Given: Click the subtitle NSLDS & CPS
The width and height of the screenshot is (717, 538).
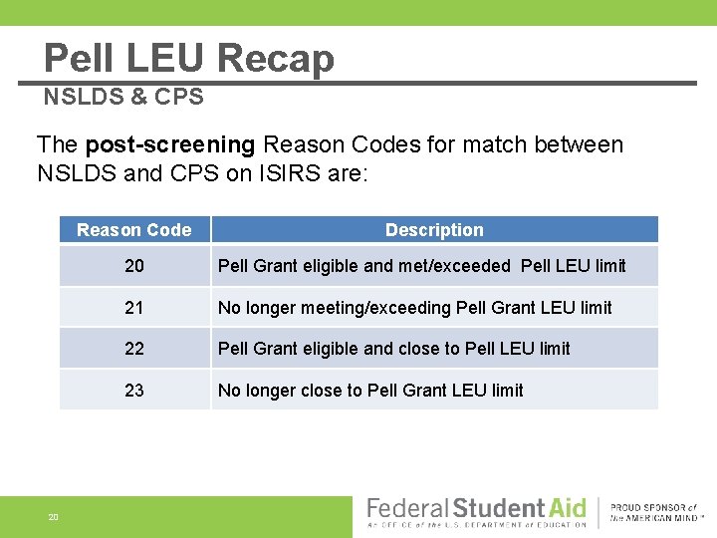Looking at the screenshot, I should (x=123, y=97).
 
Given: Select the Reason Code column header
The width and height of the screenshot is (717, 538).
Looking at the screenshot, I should (x=133, y=230).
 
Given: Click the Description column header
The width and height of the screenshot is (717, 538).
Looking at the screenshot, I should (x=434, y=230).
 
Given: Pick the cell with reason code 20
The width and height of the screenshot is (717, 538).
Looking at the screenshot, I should (x=134, y=266).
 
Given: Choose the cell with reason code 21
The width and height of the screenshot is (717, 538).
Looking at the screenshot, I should (x=134, y=308).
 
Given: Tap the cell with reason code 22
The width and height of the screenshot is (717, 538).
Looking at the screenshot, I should (x=134, y=349).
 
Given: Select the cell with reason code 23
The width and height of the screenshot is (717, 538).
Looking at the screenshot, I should (x=134, y=391).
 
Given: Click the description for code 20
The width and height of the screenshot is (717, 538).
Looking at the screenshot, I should (x=421, y=266).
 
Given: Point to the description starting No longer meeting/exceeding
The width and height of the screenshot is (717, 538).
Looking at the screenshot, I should (x=414, y=308).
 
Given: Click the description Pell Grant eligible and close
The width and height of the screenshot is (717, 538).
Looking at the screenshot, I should (x=393, y=349).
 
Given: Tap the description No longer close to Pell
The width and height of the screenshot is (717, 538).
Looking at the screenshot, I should (x=369, y=391).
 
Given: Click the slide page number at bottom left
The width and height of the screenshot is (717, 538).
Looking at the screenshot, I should (x=53, y=516).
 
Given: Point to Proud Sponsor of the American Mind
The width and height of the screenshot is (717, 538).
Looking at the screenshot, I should (x=658, y=513).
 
